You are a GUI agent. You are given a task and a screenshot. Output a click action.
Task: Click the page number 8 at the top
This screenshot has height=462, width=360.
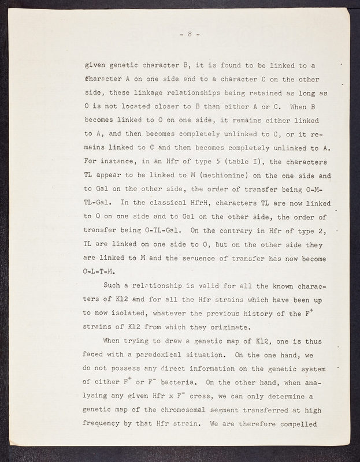190,34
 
